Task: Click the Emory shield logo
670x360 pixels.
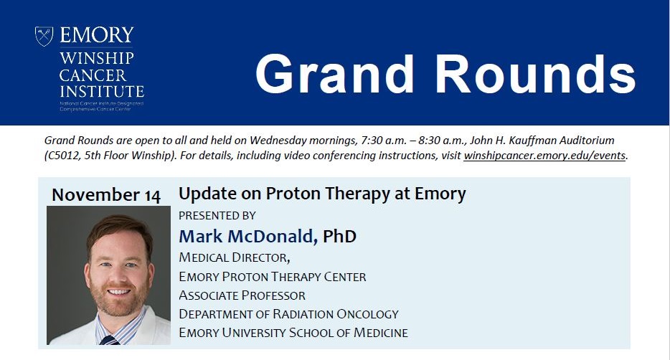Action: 44,36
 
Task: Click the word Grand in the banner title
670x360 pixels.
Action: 334,74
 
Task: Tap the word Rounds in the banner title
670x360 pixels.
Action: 536,74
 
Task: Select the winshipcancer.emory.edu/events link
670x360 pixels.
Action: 544,156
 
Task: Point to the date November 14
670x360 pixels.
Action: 106,195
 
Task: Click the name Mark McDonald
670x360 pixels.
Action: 247,236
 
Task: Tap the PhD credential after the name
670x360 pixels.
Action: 340,236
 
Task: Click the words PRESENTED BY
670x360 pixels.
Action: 217,215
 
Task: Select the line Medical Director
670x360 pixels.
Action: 234,257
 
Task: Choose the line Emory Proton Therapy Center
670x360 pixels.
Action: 272,277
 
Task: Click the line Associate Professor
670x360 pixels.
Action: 242,295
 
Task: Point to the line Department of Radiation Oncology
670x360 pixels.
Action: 288,314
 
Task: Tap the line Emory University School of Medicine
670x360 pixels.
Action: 293,333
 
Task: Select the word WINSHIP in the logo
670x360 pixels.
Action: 97,57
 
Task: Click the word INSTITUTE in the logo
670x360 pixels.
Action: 102,91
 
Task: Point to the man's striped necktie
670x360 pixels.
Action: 109,340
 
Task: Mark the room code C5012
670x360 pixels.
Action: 63,156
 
